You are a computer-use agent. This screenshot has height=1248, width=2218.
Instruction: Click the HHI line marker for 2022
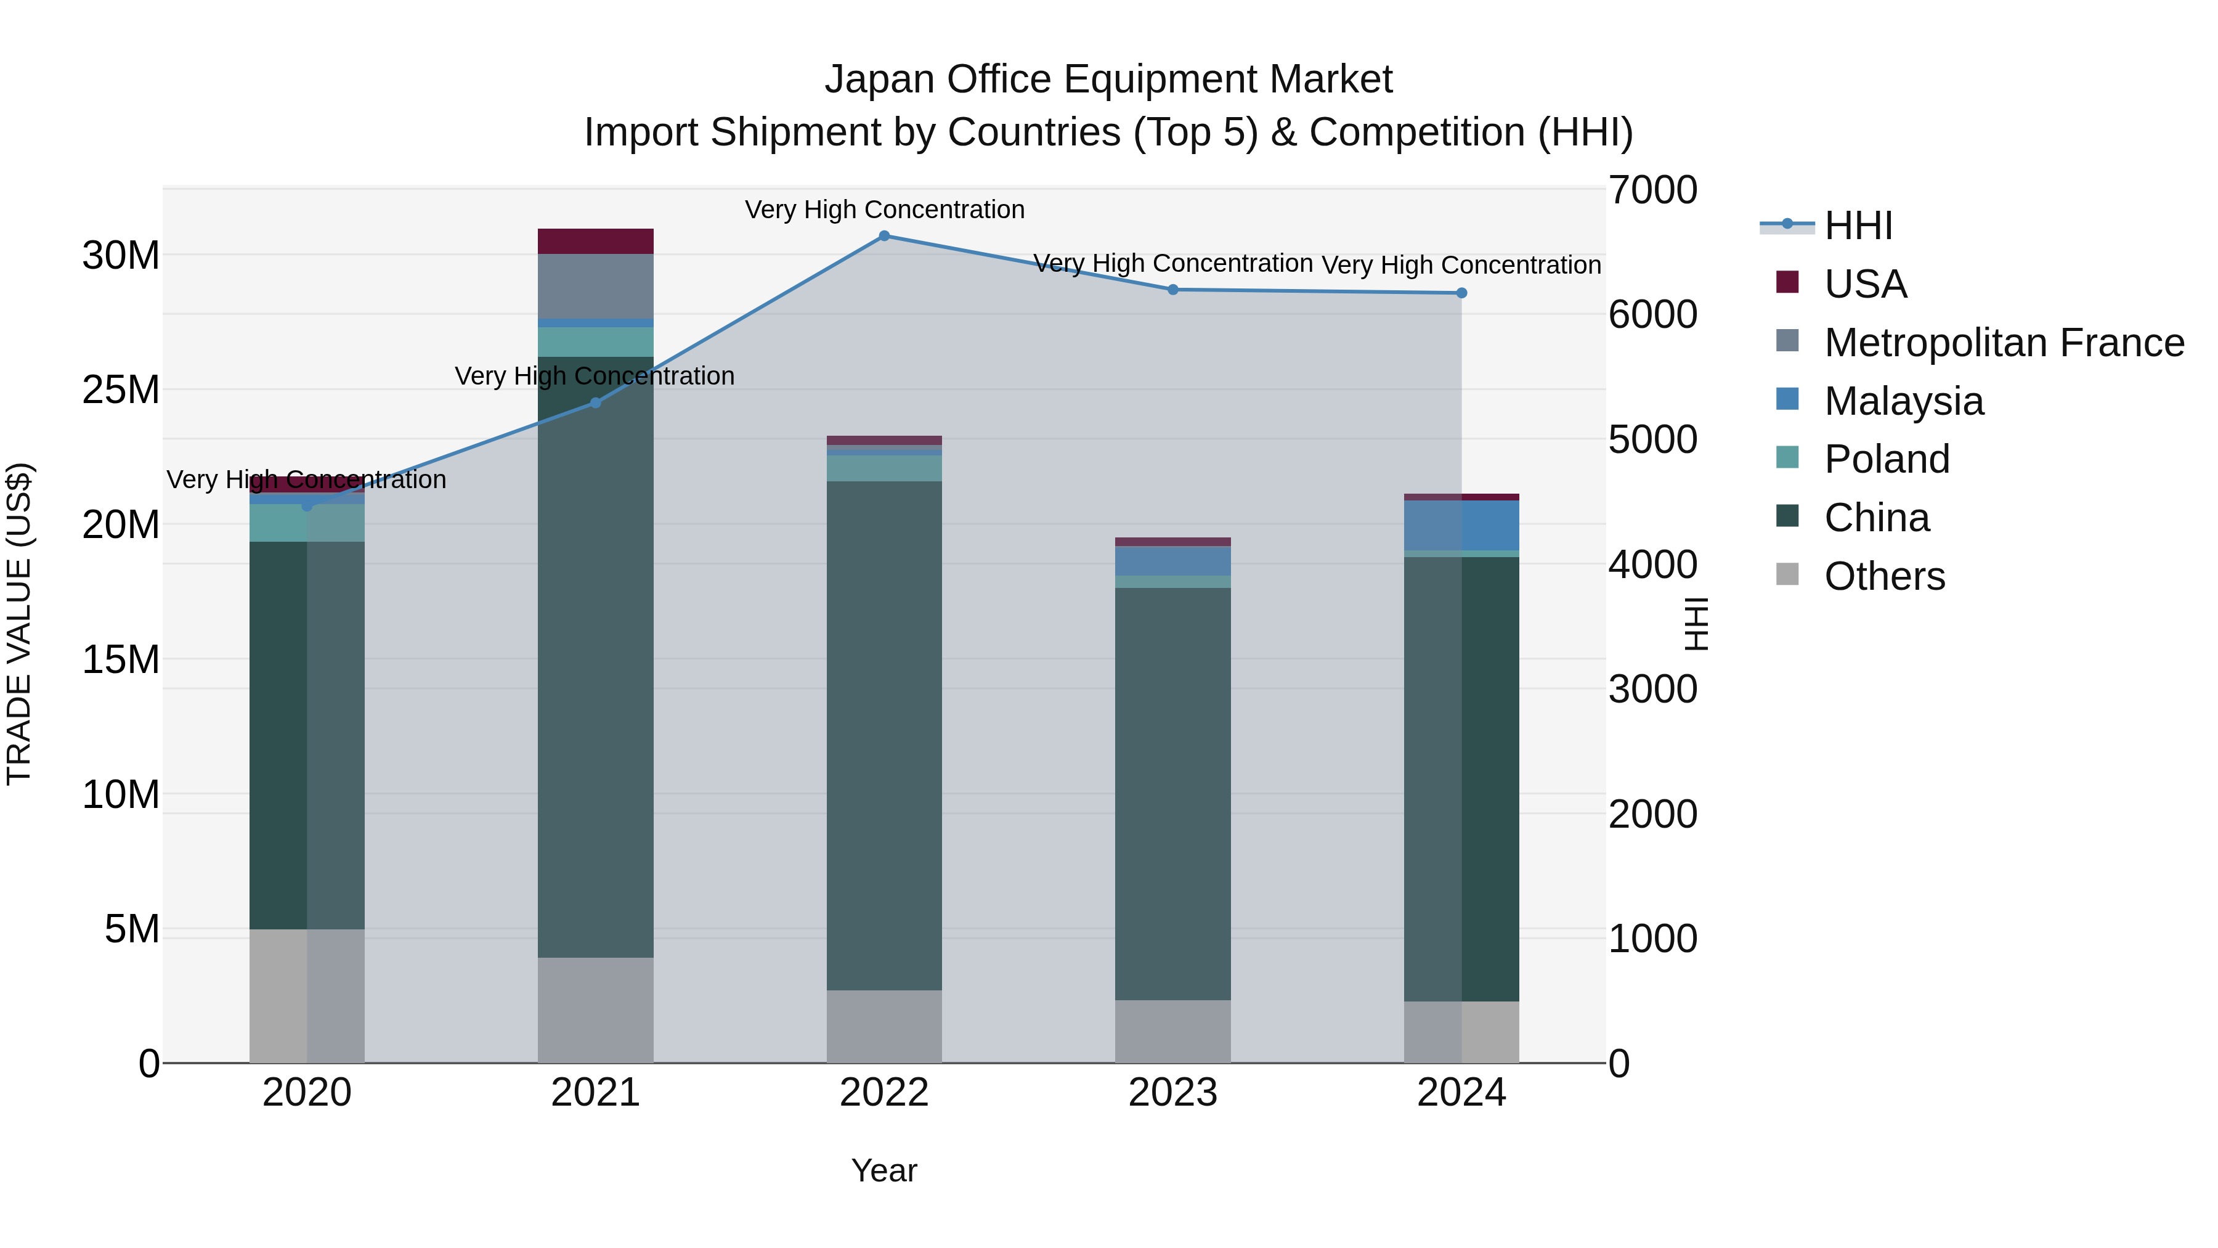click(884, 235)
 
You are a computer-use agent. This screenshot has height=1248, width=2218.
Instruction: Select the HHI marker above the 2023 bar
click(1172, 290)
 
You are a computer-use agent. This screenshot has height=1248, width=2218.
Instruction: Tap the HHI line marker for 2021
click(595, 402)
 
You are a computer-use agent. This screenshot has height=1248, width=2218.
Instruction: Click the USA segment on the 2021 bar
click(595, 241)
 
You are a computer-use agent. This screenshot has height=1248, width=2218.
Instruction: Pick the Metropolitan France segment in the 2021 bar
click(595, 286)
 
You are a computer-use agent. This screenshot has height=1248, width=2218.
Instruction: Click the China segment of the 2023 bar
click(1172, 793)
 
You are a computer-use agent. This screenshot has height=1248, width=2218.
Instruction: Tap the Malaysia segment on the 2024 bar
click(1461, 524)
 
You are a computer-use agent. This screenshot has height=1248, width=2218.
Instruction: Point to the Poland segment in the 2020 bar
click(307, 523)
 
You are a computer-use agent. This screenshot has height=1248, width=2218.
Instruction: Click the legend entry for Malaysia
click(1903, 401)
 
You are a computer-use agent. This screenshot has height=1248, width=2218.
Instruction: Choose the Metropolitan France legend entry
click(2003, 343)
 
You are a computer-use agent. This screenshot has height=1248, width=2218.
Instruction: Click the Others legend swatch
click(1787, 574)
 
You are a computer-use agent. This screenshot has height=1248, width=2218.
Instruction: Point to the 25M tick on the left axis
click(121, 390)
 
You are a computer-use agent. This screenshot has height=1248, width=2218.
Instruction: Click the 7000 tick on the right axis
click(1651, 190)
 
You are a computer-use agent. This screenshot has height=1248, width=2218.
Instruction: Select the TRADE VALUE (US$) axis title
click(19, 624)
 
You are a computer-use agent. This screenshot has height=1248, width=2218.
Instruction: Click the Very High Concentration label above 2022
click(884, 210)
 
